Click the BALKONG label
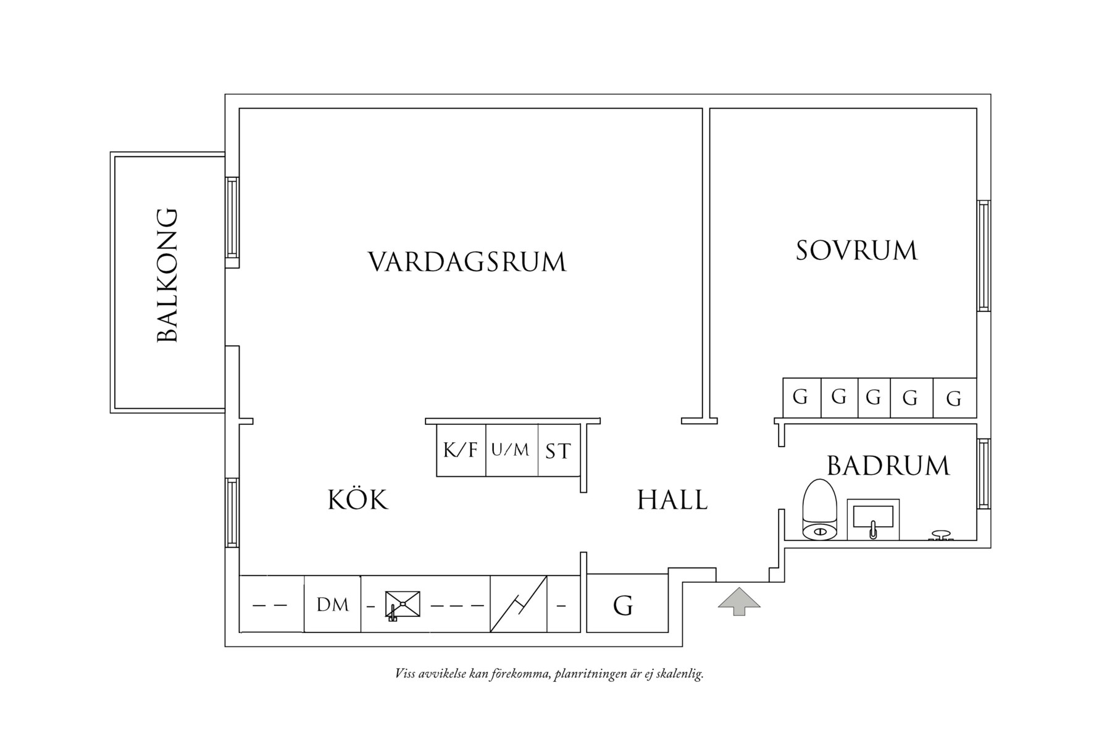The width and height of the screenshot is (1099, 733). [x=167, y=275]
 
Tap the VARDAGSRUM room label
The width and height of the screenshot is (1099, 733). [x=467, y=262]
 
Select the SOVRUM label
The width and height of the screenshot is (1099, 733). [x=856, y=251]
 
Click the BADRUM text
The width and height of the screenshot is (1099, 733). [x=888, y=466]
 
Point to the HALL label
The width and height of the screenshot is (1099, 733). [x=672, y=500]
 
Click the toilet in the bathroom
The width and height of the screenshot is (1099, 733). [x=819, y=510]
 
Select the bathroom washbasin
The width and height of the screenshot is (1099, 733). [x=872, y=519]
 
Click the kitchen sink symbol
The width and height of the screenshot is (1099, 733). [x=402, y=605]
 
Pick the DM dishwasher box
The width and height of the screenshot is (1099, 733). [x=332, y=605]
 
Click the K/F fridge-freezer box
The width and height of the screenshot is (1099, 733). [x=461, y=450]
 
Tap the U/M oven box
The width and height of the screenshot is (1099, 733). [x=511, y=450]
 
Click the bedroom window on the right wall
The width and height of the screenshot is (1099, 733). [x=984, y=256]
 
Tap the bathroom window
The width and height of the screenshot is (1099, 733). [x=984, y=474]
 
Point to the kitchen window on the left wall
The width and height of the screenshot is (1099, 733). [x=232, y=512]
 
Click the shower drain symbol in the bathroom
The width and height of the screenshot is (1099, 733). [x=941, y=535]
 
